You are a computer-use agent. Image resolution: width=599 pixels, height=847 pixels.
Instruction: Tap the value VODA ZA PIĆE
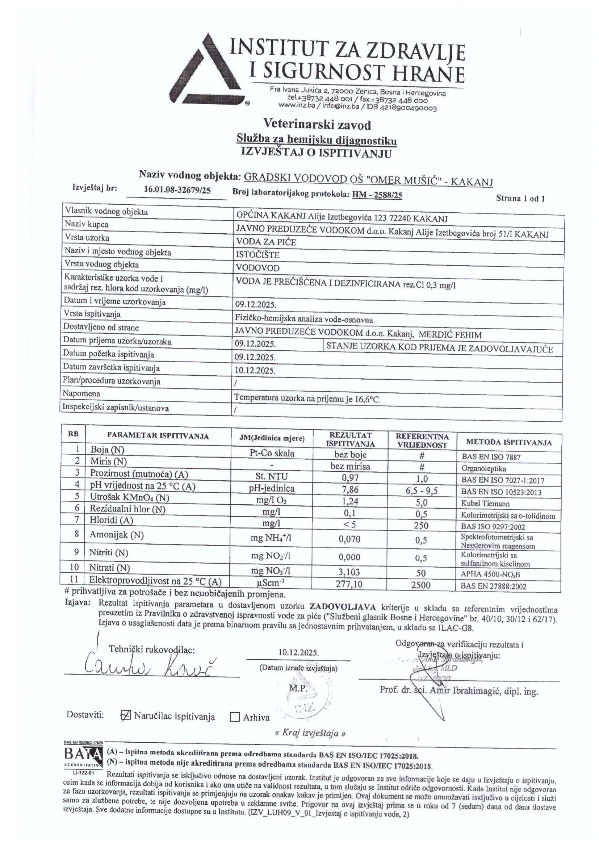click(x=261, y=242)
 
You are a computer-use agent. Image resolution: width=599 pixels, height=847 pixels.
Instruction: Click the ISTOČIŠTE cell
click(x=257, y=255)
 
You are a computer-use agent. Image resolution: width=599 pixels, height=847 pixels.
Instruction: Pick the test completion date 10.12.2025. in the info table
click(x=255, y=370)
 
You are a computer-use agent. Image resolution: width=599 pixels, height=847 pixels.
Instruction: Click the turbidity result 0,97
click(x=348, y=478)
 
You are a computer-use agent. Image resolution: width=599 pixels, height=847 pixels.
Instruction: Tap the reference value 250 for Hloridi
click(x=421, y=525)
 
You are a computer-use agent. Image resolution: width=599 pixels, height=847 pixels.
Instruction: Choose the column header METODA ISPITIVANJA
click(x=509, y=442)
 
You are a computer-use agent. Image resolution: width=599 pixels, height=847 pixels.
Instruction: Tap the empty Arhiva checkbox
click(x=235, y=717)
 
